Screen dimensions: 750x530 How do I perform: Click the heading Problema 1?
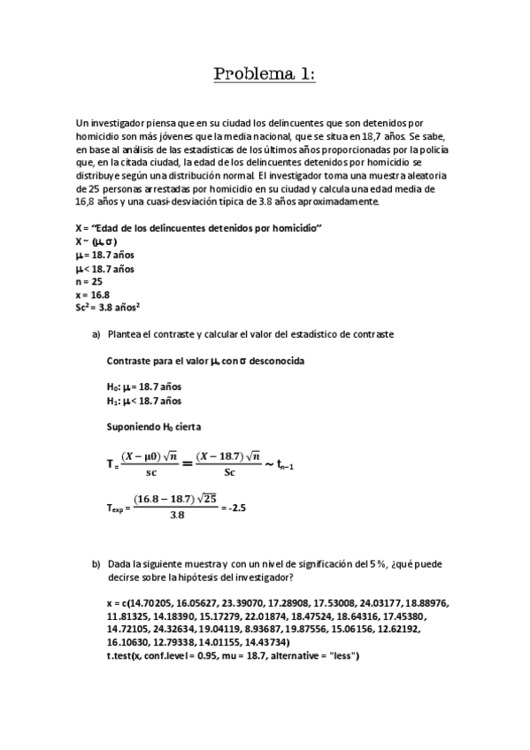tap(265, 73)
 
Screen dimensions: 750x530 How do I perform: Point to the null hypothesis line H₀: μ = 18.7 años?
tap(143, 386)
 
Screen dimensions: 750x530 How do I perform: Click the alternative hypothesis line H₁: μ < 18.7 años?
tap(143, 400)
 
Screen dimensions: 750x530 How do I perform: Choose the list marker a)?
tap(96, 334)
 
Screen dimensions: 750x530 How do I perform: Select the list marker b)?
tap(96, 562)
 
